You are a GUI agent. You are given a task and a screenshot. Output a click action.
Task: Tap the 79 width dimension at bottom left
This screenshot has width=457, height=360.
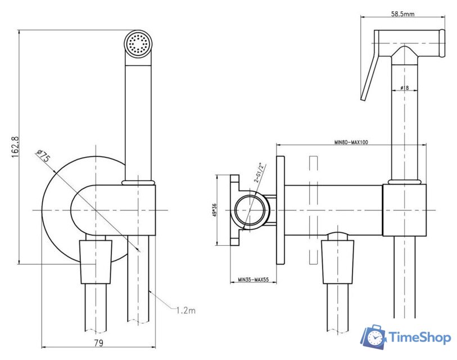click(x=98, y=341)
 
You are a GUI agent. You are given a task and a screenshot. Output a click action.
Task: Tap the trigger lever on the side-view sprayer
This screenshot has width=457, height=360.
click(x=368, y=76)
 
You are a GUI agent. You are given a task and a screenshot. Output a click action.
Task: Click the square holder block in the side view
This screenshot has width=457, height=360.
click(x=404, y=209)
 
